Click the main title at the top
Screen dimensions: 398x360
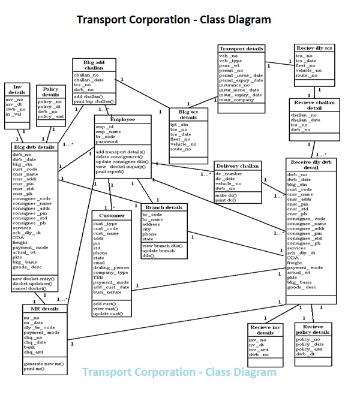tap(173, 20)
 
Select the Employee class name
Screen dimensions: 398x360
tap(122, 119)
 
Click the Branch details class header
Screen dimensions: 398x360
tap(164, 207)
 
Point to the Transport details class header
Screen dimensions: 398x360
tap(241, 49)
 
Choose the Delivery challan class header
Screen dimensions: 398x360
tap(238, 165)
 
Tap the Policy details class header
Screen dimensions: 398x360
tap(50, 92)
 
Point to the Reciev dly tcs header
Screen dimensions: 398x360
tap(314, 48)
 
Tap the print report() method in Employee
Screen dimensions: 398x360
tap(110, 171)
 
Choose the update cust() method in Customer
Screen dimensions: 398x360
tap(109, 313)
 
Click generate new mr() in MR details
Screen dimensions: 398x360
tap(43, 364)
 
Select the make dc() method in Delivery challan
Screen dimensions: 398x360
tap(225, 195)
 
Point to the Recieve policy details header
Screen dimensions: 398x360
tap(313, 329)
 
